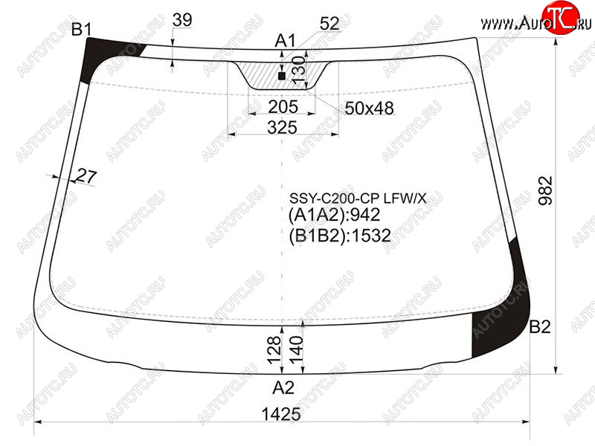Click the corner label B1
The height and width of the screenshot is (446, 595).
81,29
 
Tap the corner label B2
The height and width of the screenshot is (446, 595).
540,326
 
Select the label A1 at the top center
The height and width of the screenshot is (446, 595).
285,40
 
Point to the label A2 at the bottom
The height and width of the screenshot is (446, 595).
283,387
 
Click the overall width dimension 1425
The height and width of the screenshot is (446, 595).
281,414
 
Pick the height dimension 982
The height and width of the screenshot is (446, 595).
546,190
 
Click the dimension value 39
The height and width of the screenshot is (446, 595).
182,20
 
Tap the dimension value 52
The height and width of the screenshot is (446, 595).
329,24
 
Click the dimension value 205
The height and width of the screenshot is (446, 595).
283,106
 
